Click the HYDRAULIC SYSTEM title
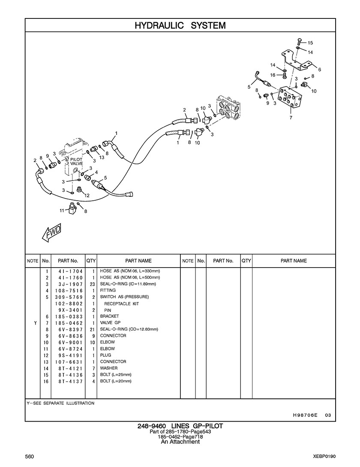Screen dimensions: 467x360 click(180, 26)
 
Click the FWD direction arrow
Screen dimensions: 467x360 click(51, 232)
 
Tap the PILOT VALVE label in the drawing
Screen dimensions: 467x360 click(76, 161)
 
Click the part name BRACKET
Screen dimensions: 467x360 click(109, 316)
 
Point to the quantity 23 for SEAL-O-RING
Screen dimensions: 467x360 click(91, 284)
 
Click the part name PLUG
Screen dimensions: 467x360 click(105, 355)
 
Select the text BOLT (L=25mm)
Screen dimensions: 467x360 click(116, 375)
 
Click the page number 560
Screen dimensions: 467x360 click(30, 456)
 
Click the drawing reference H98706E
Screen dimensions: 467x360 click(305, 415)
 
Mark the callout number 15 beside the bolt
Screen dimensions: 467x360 click(310, 43)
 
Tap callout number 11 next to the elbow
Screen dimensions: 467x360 click(62, 210)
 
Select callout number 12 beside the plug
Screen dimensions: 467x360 click(87, 196)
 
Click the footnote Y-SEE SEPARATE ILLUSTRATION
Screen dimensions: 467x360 click(60, 404)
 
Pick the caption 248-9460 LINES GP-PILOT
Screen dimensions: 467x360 click(180, 426)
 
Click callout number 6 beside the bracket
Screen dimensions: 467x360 click(319, 69)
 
